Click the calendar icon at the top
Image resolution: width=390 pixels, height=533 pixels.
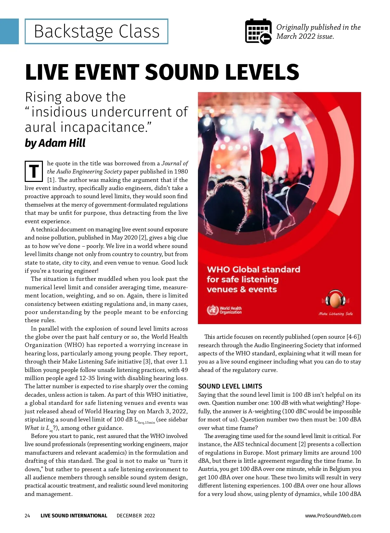pyautogui.click(x=258, y=31)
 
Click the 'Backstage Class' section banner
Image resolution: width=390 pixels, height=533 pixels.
pyautogui.click(x=97, y=32)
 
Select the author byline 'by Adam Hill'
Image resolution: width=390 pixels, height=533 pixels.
pyautogui.click(x=55, y=143)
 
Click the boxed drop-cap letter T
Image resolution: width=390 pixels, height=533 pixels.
pyautogui.click(x=34, y=171)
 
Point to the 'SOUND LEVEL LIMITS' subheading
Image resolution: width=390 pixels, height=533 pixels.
pyautogui.click(x=230, y=386)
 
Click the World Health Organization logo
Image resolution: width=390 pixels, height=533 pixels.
pyautogui.click(x=224, y=310)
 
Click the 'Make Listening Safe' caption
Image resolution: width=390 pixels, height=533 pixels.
pyautogui.click(x=335, y=314)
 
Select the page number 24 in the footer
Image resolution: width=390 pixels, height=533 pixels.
pyautogui.click(x=27, y=516)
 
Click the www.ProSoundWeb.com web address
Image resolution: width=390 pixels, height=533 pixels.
pyautogui.click(x=333, y=516)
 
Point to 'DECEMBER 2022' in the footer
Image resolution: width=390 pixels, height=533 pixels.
pyautogui.click(x=136, y=516)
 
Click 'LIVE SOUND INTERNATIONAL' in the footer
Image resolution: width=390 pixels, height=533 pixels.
pyautogui.click(x=74, y=516)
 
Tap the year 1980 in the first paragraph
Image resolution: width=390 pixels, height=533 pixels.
pyautogui.click(x=181, y=171)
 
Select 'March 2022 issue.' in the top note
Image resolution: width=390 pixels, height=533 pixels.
pyautogui.click(x=305, y=36)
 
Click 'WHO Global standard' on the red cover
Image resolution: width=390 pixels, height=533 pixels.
pyautogui.click(x=253, y=269)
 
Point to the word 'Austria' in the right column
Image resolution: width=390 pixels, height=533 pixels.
pyautogui.click(x=208, y=469)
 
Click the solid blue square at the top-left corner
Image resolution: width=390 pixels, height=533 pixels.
pyautogui.click(x=9, y=31)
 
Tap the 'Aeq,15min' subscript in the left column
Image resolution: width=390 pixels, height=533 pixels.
pyautogui.click(x=146, y=423)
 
